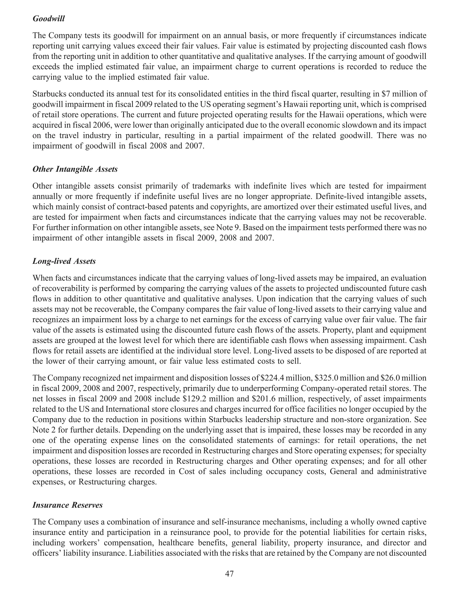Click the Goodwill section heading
coord(48,19)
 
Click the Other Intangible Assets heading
coord(75,169)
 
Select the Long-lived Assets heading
coord(64,261)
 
